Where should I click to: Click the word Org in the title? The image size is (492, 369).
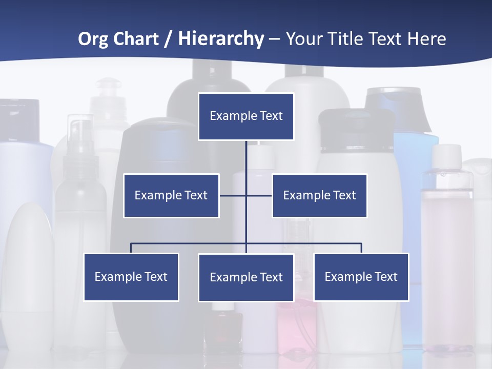tap(93, 39)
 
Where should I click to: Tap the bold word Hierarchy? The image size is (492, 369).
tap(221, 39)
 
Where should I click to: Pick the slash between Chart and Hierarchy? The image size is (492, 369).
tap(168, 39)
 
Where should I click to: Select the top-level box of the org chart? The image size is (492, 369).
tap(246, 116)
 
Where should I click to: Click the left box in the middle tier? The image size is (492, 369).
tap(171, 195)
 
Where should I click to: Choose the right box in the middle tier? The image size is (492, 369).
tap(320, 195)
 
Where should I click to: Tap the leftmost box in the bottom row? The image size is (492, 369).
tap(131, 277)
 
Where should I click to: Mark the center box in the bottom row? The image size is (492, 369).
tap(246, 277)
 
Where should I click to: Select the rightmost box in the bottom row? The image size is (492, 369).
tap(361, 277)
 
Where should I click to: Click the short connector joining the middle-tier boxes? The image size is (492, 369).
tap(233, 195)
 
